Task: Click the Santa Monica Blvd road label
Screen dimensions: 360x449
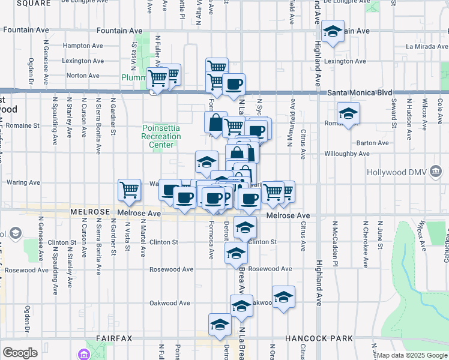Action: (360, 93)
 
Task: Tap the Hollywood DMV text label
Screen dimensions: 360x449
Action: (396, 173)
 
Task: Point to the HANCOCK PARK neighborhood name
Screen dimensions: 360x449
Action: (319, 338)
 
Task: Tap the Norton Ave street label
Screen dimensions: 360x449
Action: (83, 76)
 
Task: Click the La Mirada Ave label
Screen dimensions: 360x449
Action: (426, 46)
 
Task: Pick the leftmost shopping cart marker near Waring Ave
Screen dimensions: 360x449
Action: (129, 190)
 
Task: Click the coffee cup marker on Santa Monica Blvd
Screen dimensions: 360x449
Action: (234, 83)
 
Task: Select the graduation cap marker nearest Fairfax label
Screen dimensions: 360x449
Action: (220, 324)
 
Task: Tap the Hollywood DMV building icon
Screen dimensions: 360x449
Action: (436, 173)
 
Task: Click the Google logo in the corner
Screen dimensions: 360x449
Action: (20, 353)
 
